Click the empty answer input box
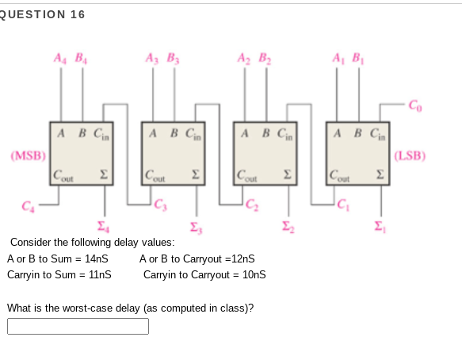[x=78, y=326]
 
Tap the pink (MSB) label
[x=29, y=155]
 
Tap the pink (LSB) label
[x=410, y=155]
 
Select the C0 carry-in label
[x=415, y=105]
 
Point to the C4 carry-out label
[x=29, y=206]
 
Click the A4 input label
[x=60, y=58]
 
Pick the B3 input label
[x=174, y=58]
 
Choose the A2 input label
[x=244, y=58]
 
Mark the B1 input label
[x=358, y=58]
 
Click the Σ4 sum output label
[x=103, y=227]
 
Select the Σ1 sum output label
[x=380, y=227]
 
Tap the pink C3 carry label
[x=161, y=205]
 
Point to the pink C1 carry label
[x=343, y=205]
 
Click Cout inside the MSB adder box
[x=63, y=175]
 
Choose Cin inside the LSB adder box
[x=378, y=134]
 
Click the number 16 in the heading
[x=78, y=14]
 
